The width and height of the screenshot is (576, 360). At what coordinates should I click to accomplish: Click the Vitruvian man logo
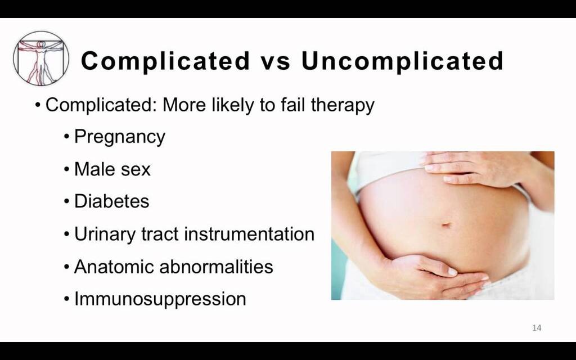coord(41,58)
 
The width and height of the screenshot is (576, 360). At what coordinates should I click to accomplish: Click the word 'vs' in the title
coord(275,61)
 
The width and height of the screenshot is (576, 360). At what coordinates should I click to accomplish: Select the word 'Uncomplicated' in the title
coord(402,61)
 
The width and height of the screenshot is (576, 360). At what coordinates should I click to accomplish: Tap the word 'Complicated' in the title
coord(165,61)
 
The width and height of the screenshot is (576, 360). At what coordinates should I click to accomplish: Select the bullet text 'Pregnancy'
coord(120,137)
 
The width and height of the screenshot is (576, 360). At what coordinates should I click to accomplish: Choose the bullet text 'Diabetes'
coord(112,201)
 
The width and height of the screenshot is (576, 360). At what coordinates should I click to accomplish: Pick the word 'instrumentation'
coord(249,233)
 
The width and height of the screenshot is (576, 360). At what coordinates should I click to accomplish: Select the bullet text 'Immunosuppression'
coord(160,299)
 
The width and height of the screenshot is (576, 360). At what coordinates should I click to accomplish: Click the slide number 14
coord(537,328)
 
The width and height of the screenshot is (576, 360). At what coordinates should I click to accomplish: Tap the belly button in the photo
coord(447,225)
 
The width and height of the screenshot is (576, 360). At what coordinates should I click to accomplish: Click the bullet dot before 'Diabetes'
coord(67,202)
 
